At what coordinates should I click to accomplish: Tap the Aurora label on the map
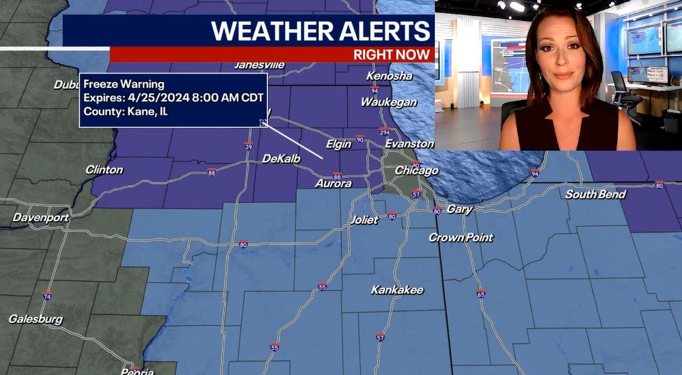click(x=333, y=184)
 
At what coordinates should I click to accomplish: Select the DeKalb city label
click(x=281, y=158)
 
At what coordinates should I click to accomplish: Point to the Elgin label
click(x=338, y=144)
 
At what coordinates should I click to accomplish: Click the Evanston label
click(x=409, y=144)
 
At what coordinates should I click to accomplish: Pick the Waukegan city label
click(x=388, y=102)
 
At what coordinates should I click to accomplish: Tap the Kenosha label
click(x=389, y=76)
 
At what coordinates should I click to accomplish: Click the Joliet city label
click(x=364, y=220)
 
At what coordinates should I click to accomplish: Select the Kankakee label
click(x=397, y=290)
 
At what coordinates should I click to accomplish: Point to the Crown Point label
click(x=461, y=238)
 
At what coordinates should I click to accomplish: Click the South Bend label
click(x=595, y=195)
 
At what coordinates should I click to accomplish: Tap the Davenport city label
click(x=41, y=218)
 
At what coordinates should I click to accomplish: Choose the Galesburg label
click(x=36, y=319)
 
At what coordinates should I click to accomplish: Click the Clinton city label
click(x=104, y=170)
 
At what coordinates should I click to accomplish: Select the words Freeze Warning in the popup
click(x=124, y=84)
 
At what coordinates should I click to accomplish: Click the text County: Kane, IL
click(x=126, y=111)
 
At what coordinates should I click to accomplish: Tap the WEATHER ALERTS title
click(x=320, y=31)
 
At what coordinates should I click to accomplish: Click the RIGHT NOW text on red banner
click(x=392, y=55)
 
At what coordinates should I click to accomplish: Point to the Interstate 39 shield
click(x=248, y=147)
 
